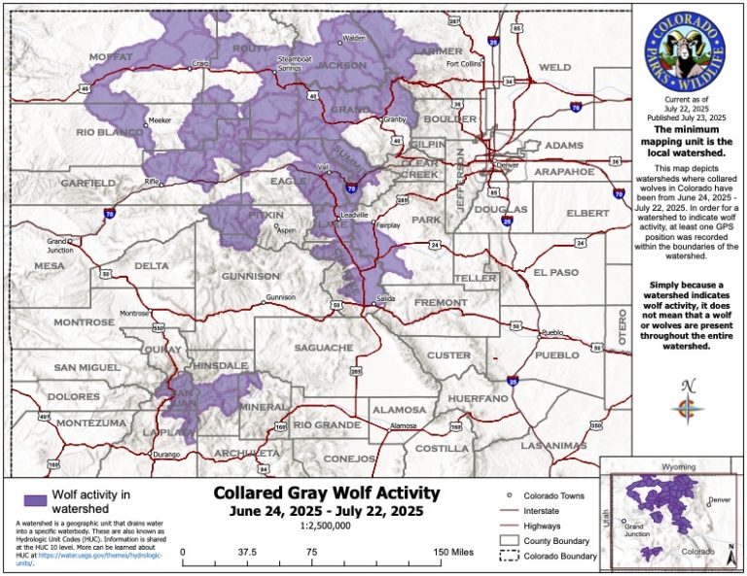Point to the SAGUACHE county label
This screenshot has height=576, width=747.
pos(323,348)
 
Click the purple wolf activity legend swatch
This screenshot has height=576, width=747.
pos(36,500)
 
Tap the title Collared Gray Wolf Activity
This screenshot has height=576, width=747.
pos(320,493)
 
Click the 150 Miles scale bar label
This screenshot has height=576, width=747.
pos(456,552)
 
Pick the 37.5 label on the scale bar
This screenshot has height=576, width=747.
pos(247,552)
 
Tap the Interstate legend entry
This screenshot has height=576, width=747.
pos(547,510)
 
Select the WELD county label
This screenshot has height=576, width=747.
pos(554,67)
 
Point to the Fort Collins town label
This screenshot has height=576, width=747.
pos(464,64)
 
